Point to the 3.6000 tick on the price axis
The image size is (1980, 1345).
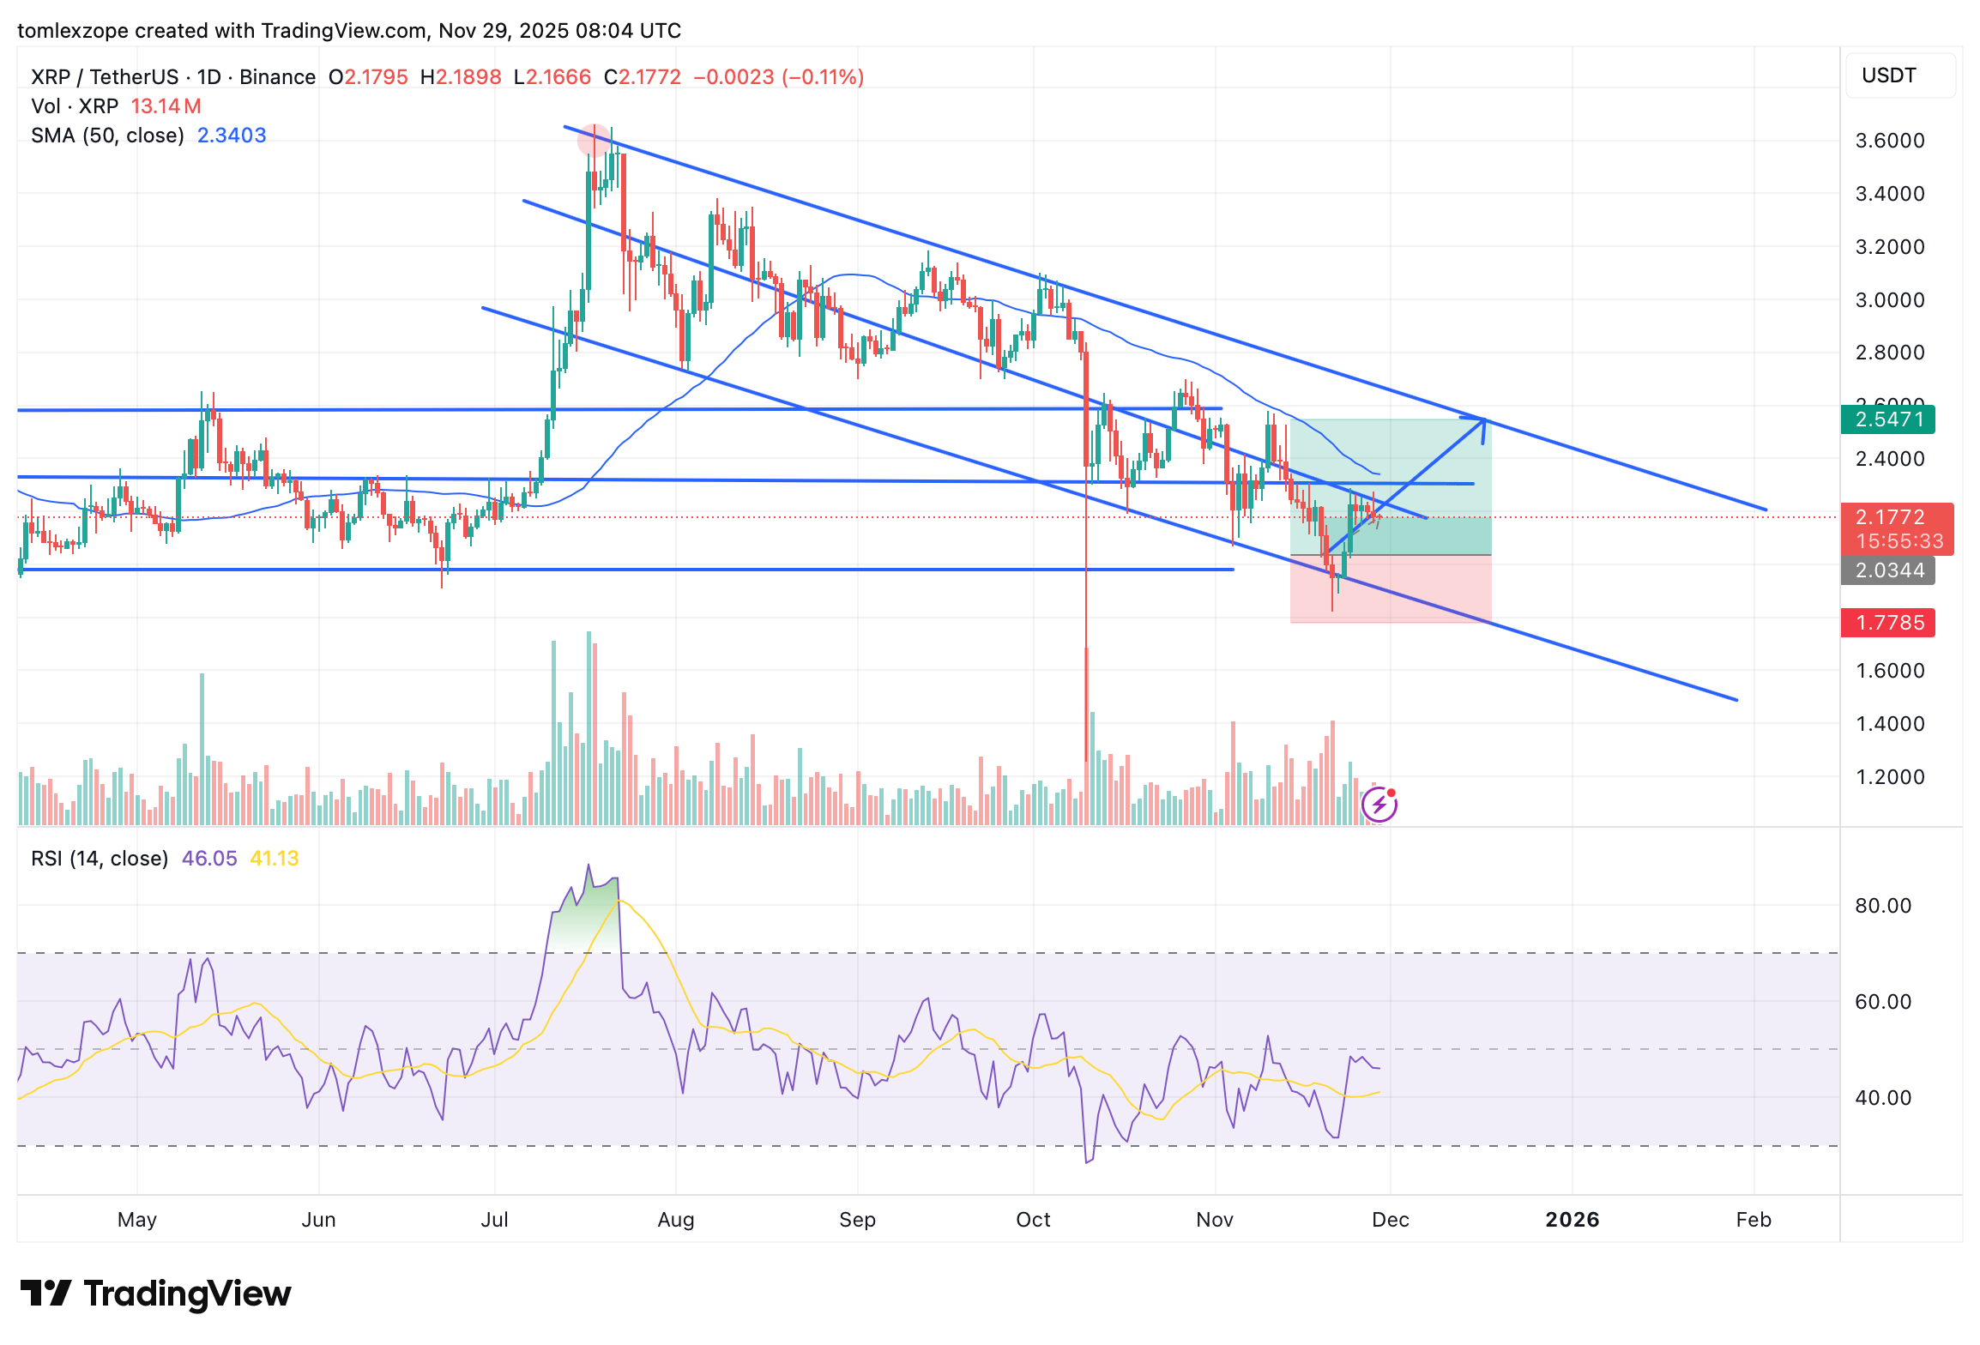[1890, 141]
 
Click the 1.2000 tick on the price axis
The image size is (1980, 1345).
[1890, 777]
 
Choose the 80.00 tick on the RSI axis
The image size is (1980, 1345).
[1883, 906]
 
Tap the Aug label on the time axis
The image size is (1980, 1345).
[675, 1220]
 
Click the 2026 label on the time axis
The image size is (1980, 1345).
[1572, 1220]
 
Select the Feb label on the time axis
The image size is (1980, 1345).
[1754, 1220]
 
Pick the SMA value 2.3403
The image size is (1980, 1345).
[232, 136]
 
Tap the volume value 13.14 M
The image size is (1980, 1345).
[166, 106]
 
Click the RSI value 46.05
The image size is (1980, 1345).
[209, 859]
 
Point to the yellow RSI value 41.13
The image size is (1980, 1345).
[275, 859]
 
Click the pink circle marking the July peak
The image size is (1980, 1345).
[593, 140]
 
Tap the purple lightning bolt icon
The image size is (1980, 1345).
[1379, 805]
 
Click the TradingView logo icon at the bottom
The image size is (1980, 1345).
[45, 1294]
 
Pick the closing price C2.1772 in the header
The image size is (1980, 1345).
[643, 77]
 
